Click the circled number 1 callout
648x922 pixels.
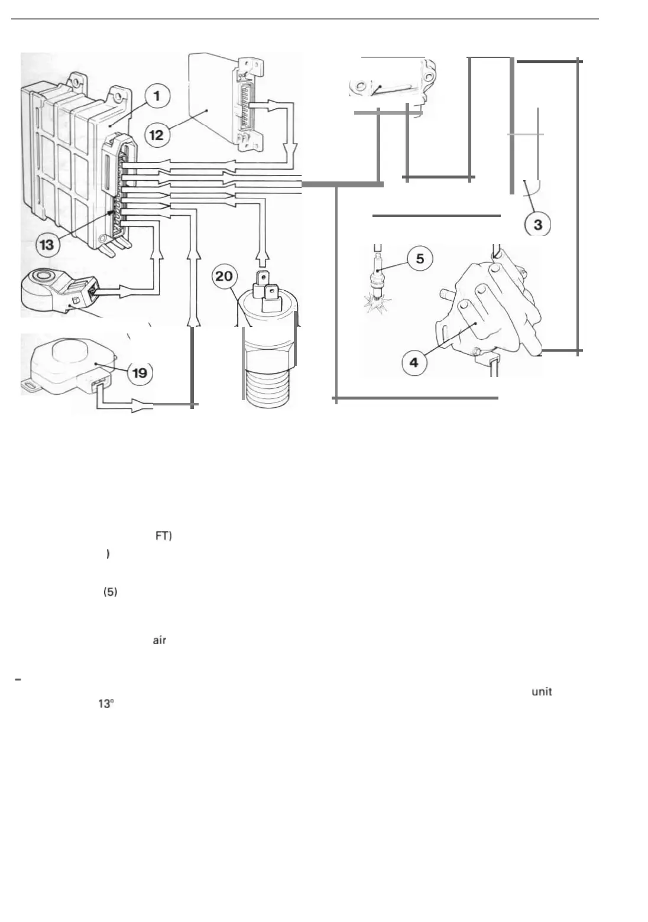tap(157, 96)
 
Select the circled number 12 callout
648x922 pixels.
tap(156, 135)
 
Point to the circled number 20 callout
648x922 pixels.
tap(224, 277)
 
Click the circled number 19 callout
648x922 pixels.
tap(140, 373)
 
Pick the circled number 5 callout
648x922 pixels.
tap(419, 259)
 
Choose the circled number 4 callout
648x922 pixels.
tap(414, 362)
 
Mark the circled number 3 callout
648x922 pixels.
tap(537, 225)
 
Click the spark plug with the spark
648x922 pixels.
tap(376, 284)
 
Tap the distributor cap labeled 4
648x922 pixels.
tap(485, 307)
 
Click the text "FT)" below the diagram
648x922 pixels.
tap(163, 536)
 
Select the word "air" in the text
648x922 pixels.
tap(159, 641)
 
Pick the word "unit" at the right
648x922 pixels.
tap(542, 691)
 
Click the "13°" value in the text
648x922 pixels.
tap(105, 705)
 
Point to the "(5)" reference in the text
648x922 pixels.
tap(110, 592)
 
